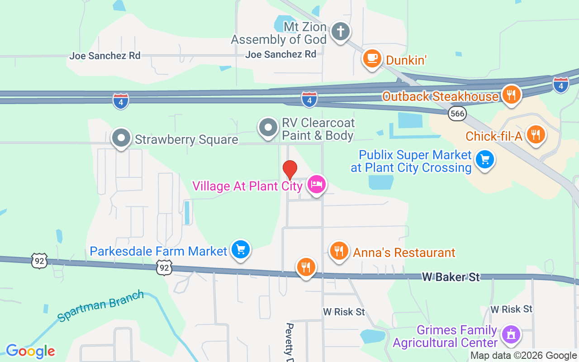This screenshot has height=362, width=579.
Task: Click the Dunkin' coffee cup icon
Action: click(x=372, y=58)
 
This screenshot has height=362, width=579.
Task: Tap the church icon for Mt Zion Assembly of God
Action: click(x=341, y=32)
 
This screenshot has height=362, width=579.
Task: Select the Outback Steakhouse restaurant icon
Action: click(x=511, y=95)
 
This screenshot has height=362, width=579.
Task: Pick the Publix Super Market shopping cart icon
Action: click(x=485, y=160)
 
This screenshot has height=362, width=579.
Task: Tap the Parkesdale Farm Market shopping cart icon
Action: click(x=240, y=249)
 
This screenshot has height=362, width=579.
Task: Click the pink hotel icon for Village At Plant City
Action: click(x=316, y=184)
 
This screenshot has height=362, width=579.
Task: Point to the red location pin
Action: click(x=289, y=170)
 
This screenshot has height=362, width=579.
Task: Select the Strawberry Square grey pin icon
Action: click(x=121, y=138)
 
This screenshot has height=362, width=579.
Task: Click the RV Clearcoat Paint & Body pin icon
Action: click(x=268, y=128)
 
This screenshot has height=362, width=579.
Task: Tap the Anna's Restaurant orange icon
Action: click(x=339, y=250)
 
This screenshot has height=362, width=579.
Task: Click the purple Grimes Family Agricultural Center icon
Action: click(x=511, y=335)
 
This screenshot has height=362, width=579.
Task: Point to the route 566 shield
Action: click(x=457, y=114)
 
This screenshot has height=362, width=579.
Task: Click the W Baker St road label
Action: click(x=451, y=277)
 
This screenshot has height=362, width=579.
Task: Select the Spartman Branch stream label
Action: click(x=101, y=306)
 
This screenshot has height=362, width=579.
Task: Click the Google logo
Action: click(x=30, y=351)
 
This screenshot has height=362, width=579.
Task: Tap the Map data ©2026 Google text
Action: click(x=523, y=356)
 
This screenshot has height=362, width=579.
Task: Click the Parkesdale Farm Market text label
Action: click(x=158, y=251)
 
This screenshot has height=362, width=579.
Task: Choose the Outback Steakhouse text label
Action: click(x=440, y=96)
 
